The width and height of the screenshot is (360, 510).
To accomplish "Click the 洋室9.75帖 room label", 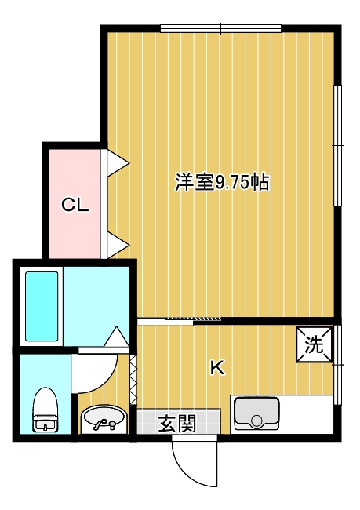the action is (222, 182).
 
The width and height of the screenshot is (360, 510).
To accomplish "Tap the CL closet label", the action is (75, 205).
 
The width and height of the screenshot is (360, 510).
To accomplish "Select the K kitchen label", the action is (217, 368).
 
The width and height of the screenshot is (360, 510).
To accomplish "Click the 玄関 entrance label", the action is (177, 424).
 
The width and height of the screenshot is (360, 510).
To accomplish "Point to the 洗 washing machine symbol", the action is (315, 344).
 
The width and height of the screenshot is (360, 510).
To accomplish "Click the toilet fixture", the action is (45, 410).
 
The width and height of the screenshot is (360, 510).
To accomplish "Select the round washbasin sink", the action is (104, 418).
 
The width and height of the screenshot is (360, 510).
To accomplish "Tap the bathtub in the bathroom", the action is (42, 306).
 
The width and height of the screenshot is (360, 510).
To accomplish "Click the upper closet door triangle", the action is (118, 162).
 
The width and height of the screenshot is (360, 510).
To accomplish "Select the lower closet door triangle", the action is (118, 245).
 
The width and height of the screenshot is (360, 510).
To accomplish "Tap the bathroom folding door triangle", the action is (116, 337).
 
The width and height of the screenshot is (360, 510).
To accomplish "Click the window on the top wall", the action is (221, 28).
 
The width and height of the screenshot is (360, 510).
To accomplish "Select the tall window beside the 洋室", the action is (337, 145).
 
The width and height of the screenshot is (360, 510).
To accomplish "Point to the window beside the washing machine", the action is (338, 365).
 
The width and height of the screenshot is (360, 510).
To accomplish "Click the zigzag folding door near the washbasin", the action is (133, 380).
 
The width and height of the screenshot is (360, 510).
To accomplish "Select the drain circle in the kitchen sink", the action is (257, 421).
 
